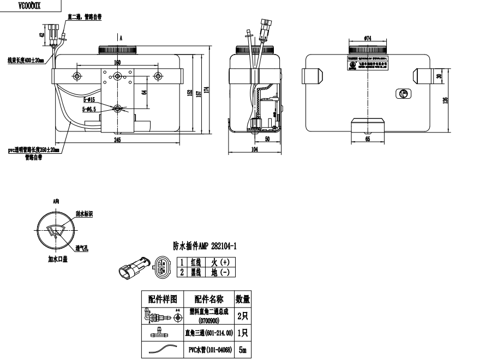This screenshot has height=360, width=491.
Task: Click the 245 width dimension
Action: (x=117, y=140)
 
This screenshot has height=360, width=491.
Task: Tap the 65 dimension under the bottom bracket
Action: (x=367, y=140)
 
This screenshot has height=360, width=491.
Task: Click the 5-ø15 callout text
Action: (x=89, y=100)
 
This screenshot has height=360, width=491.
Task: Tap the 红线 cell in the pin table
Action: (x=194, y=262)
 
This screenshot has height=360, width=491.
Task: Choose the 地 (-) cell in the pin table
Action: (x=223, y=272)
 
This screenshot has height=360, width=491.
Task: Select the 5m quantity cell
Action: (x=242, y=350)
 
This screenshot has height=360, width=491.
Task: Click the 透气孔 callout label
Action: (x=82, y=248)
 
